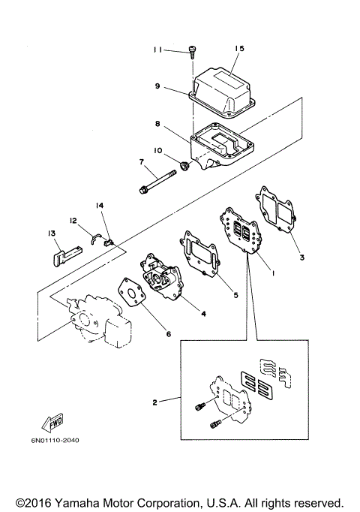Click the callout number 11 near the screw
(x=157, y=50)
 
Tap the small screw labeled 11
(x=191, y=53)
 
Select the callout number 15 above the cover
(x=239, y=48)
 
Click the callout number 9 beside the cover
(x=157, y=86)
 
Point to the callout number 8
(x=157, y=124)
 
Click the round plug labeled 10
(x=185, y=166)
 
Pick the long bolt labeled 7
(x=157, y=181)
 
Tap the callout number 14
(x=100, y=206)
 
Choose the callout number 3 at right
(x=302, y=258)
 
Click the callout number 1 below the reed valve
(x=273, y=273)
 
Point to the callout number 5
(x=235, y=295)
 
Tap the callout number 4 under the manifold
(x=203, y=314)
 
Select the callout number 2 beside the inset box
(x=155, y=402)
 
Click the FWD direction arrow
(x=52, y=423)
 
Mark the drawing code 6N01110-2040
(x=55, y=440)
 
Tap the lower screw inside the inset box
(x=215, y=424)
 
